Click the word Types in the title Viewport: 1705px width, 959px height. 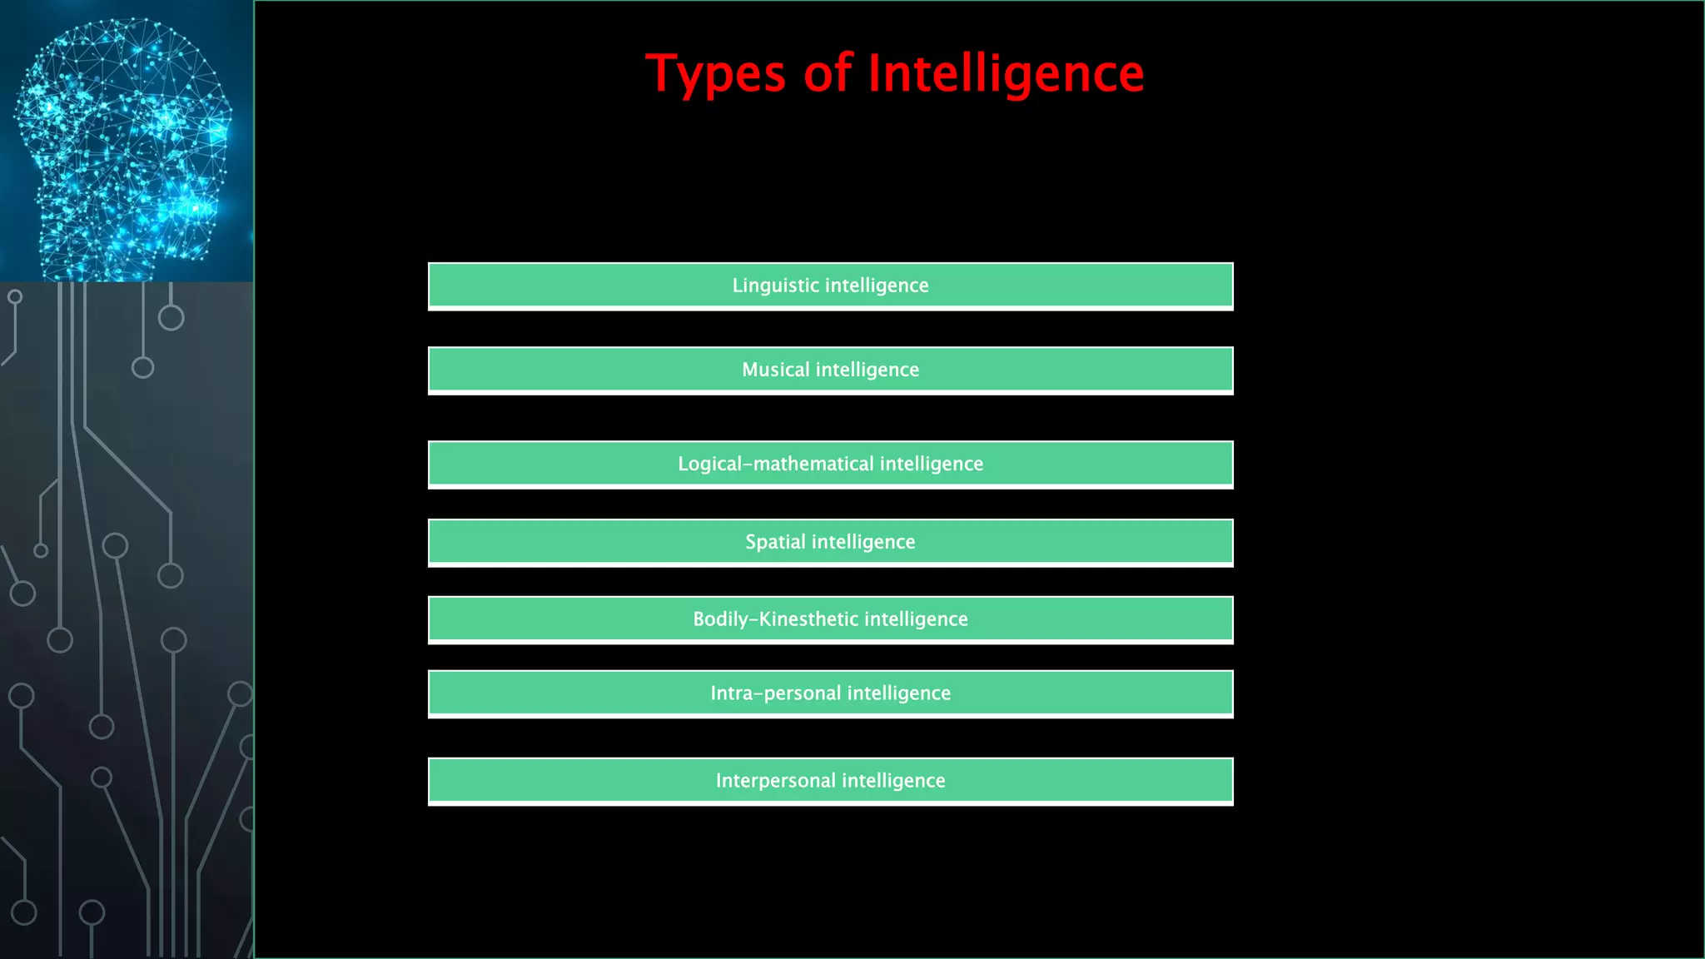(715, 74)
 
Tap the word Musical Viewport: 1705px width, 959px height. (775, 370)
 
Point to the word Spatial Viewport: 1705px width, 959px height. (775, 542)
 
